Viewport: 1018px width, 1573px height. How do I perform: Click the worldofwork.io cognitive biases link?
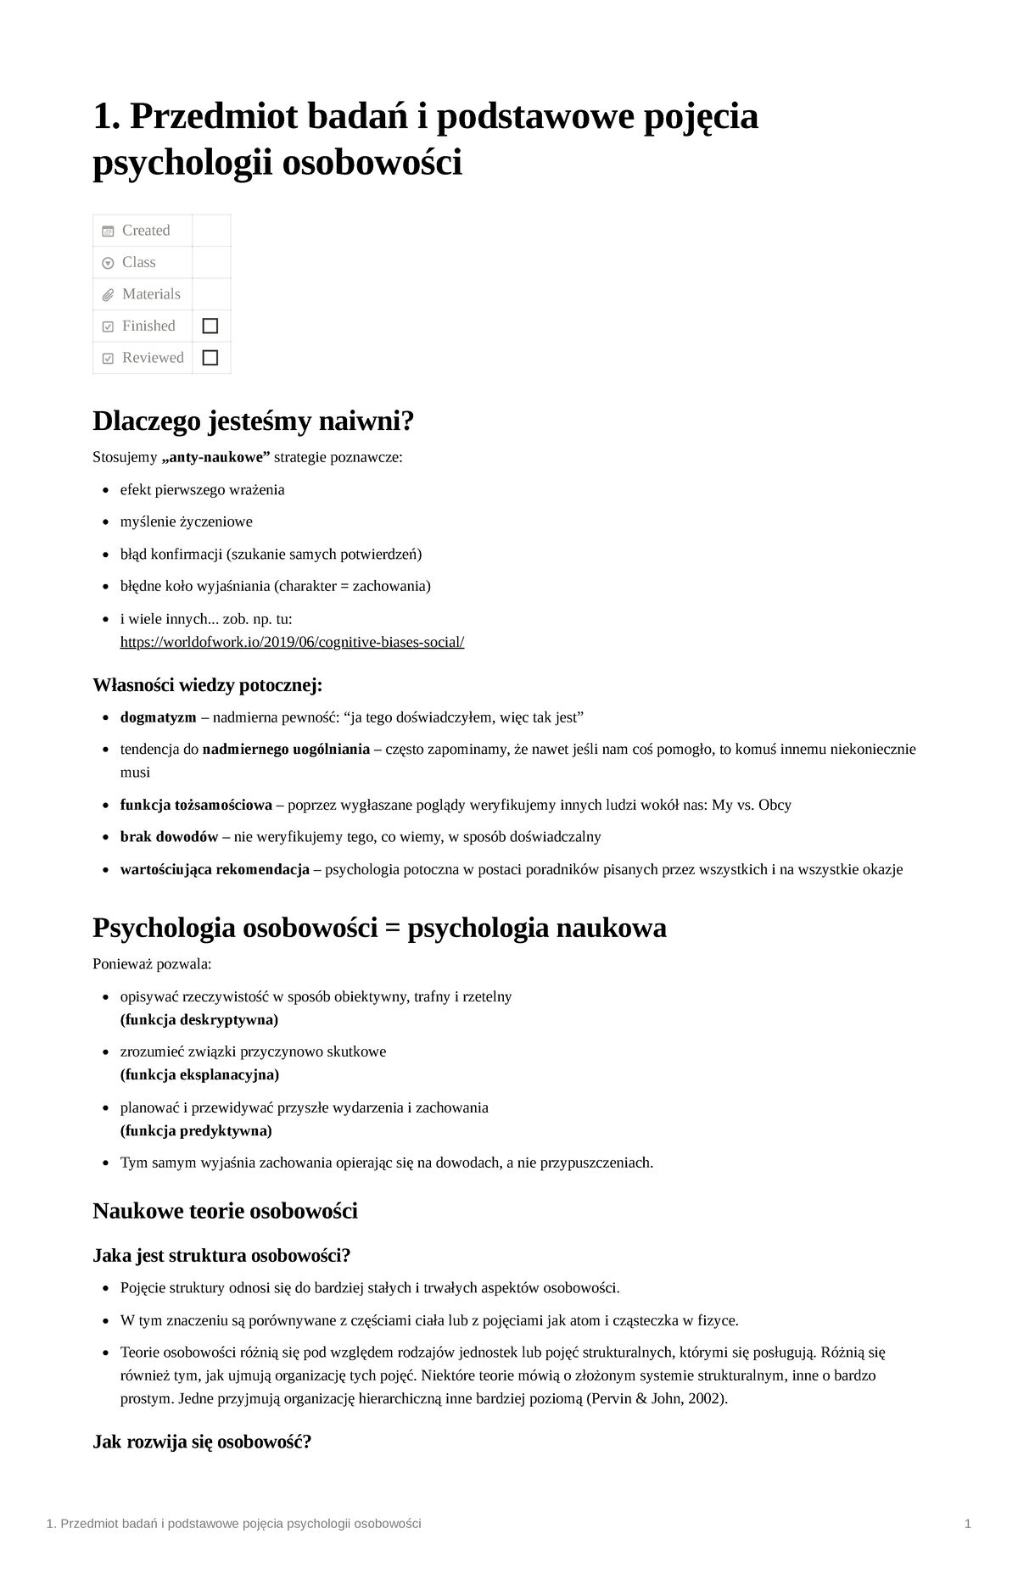(x=292, y=642)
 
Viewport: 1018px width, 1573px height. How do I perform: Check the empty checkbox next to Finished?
(x=210, y=326)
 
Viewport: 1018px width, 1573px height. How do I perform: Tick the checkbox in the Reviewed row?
(x=210, y=358)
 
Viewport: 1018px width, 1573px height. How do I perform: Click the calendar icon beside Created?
(x=108, y=231)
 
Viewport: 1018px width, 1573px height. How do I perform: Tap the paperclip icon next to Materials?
(x=108, y=295)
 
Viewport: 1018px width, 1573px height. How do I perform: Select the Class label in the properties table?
(x=138, y=262)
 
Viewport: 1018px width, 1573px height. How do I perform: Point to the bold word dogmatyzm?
(x=158, y=717)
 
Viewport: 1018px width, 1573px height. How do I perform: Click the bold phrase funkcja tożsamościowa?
(x=196, y=805)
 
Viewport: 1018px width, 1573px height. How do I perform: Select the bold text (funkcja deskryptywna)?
(x=199, y=1019)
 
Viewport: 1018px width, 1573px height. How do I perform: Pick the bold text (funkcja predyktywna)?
(x=196, y=1130)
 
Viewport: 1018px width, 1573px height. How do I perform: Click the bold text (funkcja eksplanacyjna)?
(x=199, y=1074)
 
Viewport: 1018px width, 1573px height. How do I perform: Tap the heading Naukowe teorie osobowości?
(x=225, y=1210)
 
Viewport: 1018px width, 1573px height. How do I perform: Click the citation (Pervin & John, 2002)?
(x=657, y=1398)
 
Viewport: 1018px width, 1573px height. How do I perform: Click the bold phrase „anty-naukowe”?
(x=215, y=458)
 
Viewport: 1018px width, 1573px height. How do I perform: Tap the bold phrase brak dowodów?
(x=170, y=837)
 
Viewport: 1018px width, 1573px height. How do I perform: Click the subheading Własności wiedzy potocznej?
(x=207, y=684)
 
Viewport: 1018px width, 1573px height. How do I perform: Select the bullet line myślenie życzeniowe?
(x=186, y=522)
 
